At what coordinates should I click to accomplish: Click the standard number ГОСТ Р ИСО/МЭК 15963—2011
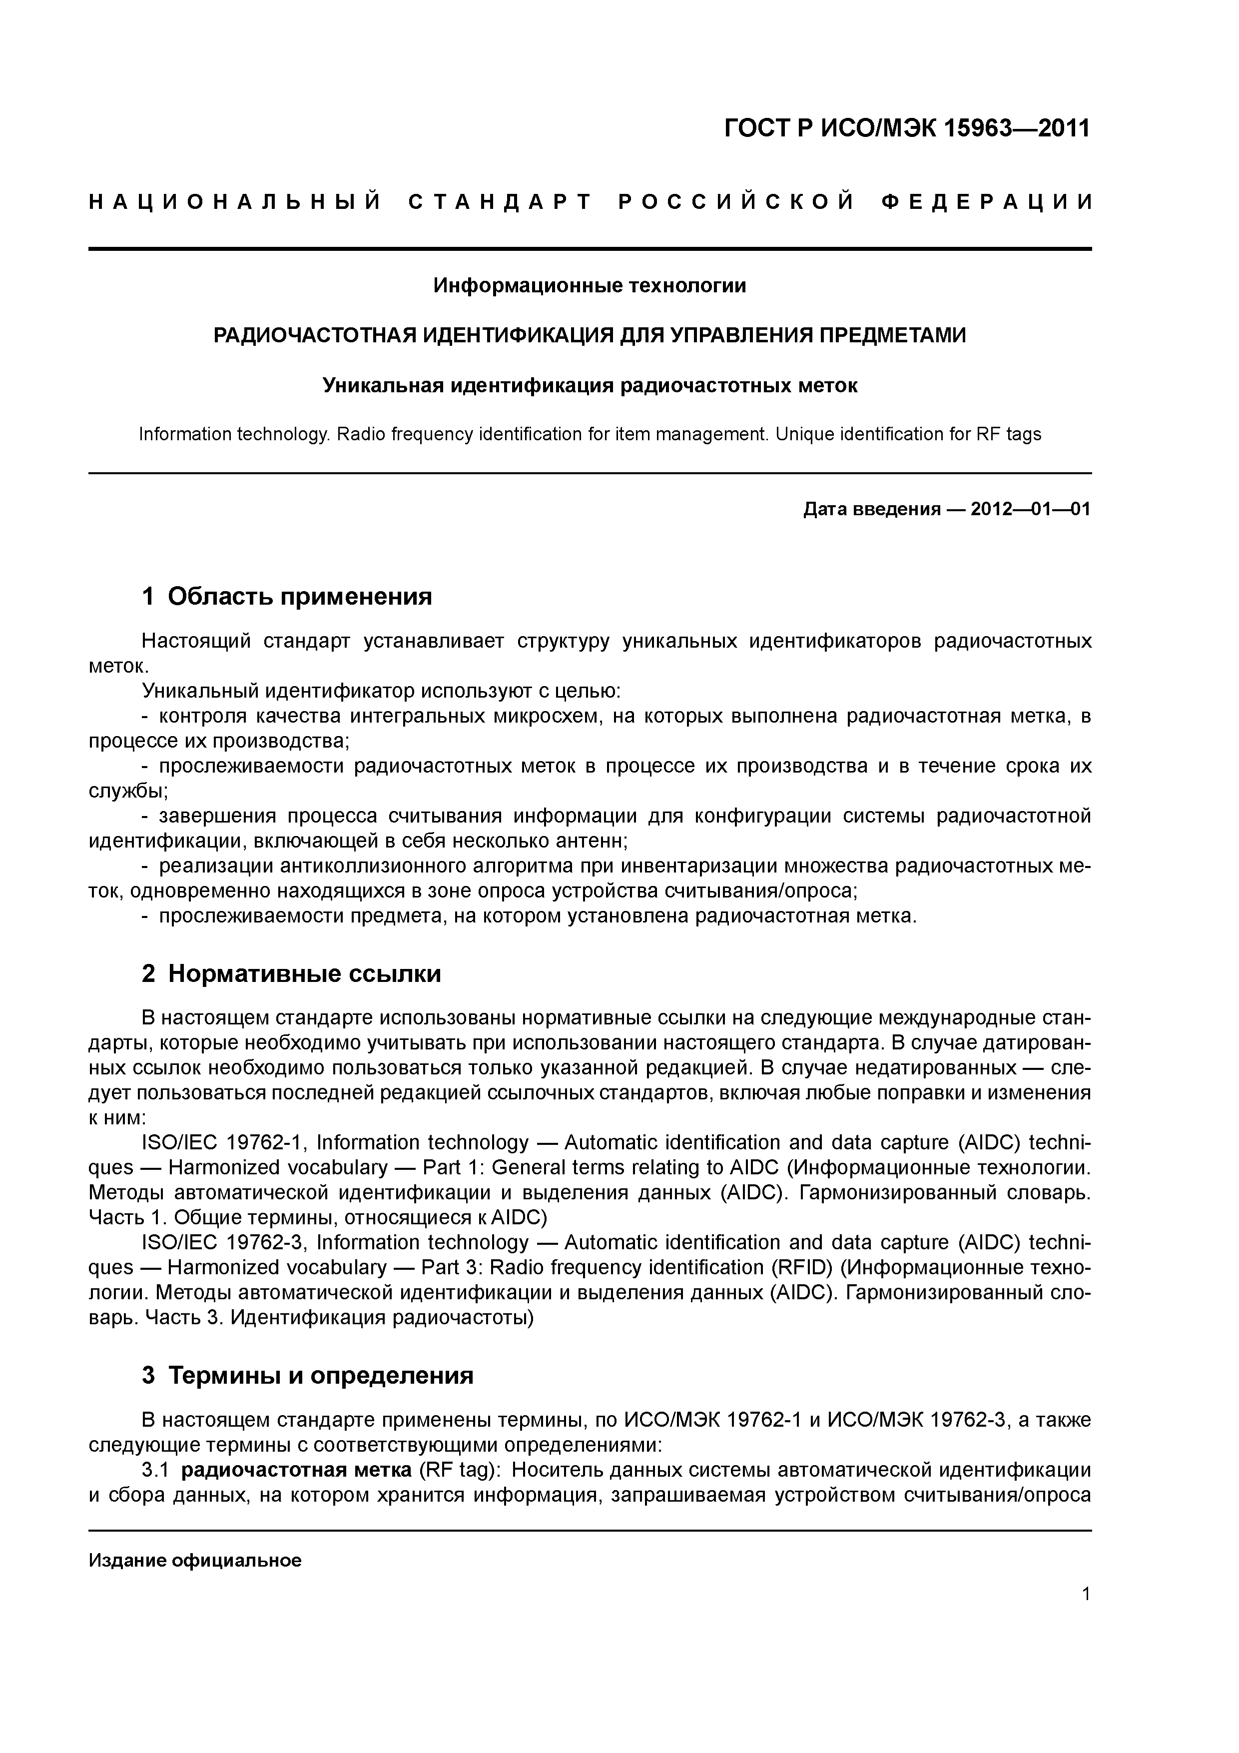907,129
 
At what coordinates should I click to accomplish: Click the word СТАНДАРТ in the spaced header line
500,202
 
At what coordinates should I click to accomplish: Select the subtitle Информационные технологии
590,285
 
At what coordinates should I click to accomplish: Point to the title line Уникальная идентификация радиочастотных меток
590,386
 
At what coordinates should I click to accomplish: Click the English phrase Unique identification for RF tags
908,434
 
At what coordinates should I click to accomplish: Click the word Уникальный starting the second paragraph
201,691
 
